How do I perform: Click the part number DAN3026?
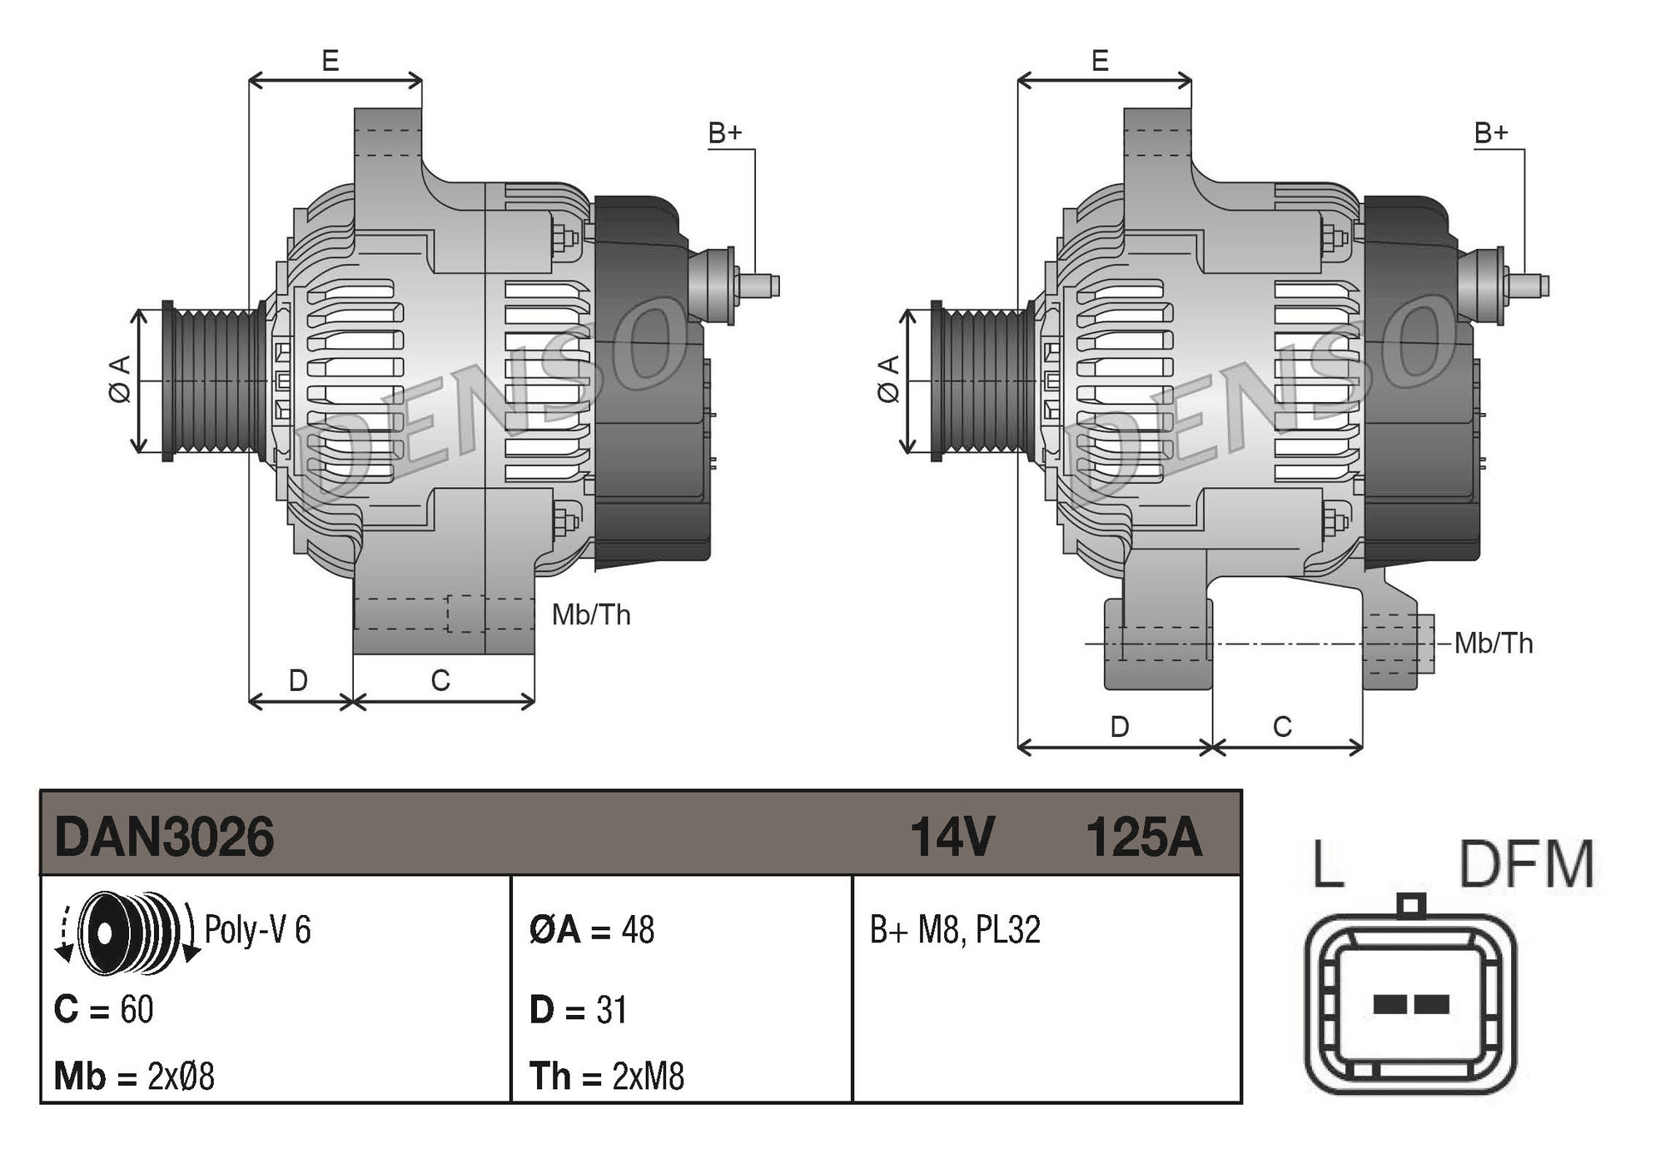[x=164, y=837]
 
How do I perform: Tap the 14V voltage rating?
[x=952, y=837]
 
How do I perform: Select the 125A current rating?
[x=1143, y=837]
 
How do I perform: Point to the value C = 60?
[x=104, y=1010]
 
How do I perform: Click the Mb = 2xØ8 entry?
[x=134, y=1077]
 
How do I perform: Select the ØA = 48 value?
[x=592, y=930]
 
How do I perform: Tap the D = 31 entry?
[x=578, y=1010]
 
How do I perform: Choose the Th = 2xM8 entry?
[x=606, y=1077]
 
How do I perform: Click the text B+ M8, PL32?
[x=955, y=930]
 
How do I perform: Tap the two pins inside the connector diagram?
[x=1410, y=1004]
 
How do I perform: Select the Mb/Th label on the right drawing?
[x=1494, y=644]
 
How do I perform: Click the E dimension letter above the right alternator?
[x=1100, y=61]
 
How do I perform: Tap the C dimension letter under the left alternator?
[x=440, y=681]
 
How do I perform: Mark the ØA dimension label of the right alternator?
[x=888, y=380]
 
